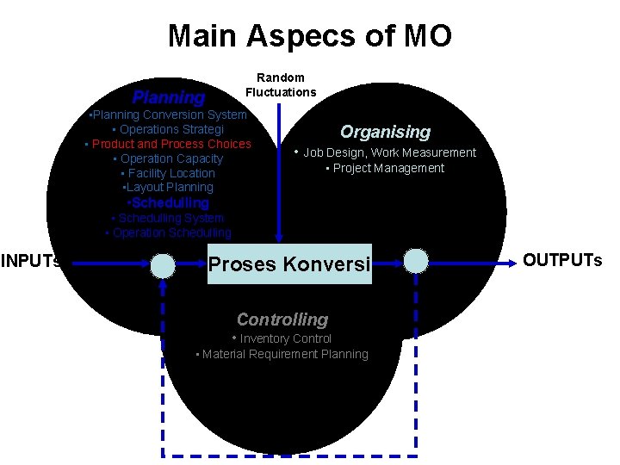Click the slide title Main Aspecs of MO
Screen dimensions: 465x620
309,36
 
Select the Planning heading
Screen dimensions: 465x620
169,97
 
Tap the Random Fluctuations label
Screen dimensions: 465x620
281,84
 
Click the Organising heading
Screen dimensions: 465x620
385,132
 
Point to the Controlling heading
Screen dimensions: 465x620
282,319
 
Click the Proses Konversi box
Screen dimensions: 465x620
289,263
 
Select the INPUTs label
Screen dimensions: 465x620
31,260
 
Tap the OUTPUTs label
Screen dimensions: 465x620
562,260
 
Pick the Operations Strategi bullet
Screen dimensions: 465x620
169,129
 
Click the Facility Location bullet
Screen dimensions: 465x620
170,173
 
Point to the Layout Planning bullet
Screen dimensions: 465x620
169,187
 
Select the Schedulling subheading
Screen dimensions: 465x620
169,202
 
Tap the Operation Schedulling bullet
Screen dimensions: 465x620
170,232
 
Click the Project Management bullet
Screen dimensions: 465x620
387,168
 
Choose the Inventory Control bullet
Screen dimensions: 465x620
283,339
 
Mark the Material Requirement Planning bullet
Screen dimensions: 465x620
283,354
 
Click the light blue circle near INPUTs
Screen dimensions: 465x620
163,264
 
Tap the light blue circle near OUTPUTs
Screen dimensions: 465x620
416,261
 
